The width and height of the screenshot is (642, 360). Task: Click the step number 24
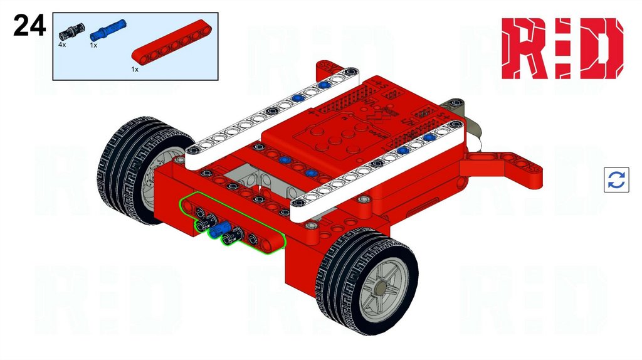[29, 25]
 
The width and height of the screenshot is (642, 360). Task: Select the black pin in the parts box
[71, 31]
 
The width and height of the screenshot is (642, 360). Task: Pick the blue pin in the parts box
[108, 28]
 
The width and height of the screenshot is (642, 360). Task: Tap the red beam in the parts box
[172, 42]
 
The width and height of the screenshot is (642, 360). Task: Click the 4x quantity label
[62, 45]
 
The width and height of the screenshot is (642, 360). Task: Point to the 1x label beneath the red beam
[135, 70]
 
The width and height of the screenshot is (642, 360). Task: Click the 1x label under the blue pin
[94, 45]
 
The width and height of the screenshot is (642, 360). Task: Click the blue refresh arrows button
[616, 179]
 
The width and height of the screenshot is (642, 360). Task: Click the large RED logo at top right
[562, 48]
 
